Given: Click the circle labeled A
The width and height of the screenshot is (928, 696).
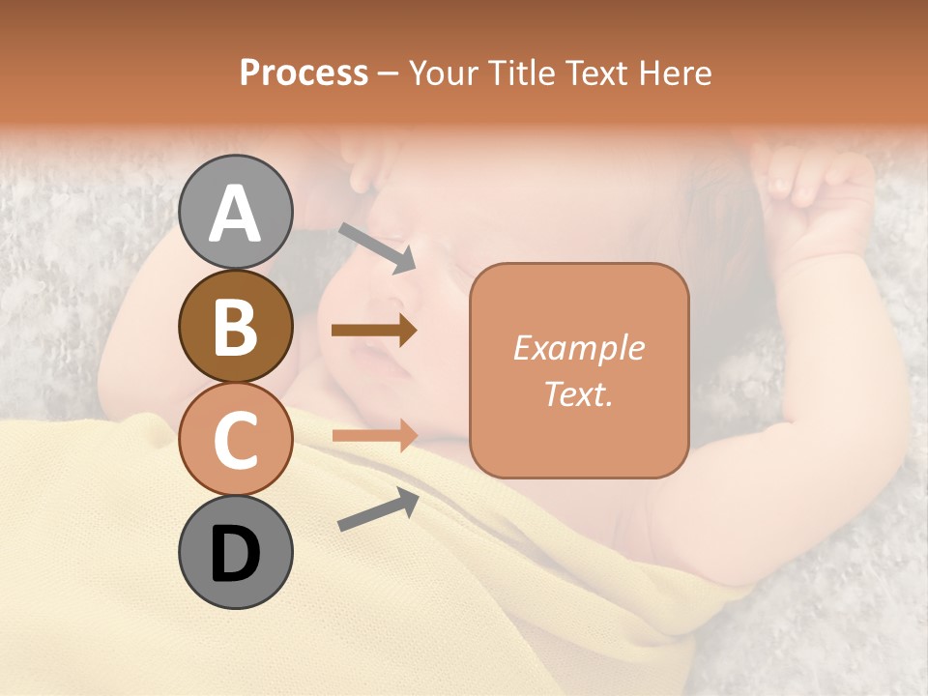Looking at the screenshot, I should pyautogui.click(x=235, y=212).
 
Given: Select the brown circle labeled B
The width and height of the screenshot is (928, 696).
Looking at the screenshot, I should pyautogui.click(x=235, y=326).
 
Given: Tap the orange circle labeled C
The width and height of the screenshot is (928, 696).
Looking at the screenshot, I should pyautogui.click(x=235, y=439).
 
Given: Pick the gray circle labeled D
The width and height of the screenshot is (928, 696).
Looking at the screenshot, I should pyautogui.click(x=235, y=552).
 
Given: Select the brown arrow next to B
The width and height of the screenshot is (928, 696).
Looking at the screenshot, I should pyautogui.click(x=374, y=331).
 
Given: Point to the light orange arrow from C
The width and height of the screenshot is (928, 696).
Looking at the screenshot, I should pyautogui.click(x=374, y=435).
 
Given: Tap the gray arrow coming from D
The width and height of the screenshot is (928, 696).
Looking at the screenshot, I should pyautogui.click(x=378, y=509).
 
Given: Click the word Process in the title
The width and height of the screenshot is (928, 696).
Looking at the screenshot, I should pyautogui.click(x=304, y=72).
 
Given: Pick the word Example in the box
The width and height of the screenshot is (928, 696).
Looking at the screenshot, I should pyautogui.click(x=578, y=348).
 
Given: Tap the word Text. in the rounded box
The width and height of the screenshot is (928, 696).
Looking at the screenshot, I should pyautogui.click(x=578, y=393).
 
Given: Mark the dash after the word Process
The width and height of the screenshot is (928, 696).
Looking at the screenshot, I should pyautogui.click(x=389, y=73).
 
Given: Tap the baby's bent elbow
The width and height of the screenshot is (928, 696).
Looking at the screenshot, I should pyautogui.click(x=677, y=541).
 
